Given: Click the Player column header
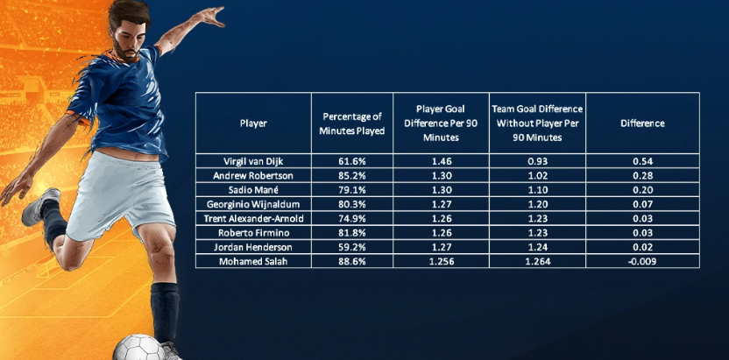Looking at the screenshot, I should (253, 124).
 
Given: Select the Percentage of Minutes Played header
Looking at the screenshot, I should (353, 124).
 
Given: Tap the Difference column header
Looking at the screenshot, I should (642, 124).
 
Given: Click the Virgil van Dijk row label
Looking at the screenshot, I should (253, 162).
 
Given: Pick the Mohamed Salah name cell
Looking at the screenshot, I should (253, 261).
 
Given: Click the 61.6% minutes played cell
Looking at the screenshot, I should (353, 162).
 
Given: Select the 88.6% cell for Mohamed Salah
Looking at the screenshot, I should (353, 261).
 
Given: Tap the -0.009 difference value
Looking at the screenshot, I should (642, 261).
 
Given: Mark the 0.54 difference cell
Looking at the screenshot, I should (642, 162).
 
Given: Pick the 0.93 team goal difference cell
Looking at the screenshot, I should (537, 162).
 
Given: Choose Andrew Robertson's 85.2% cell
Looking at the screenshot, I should (353, 176).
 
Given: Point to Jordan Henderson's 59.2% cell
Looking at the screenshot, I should (353, 247).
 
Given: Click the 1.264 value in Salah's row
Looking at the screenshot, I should (537, 261).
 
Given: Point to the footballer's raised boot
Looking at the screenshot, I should (39, 207).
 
